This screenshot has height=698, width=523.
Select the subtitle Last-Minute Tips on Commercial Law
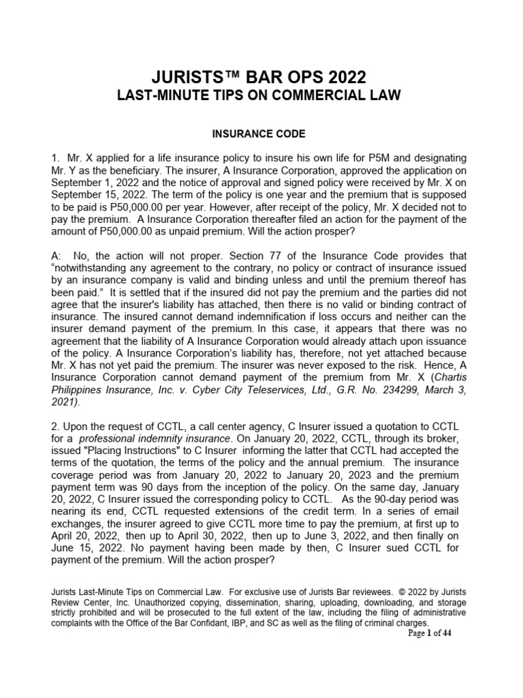click(x=261, y=95)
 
